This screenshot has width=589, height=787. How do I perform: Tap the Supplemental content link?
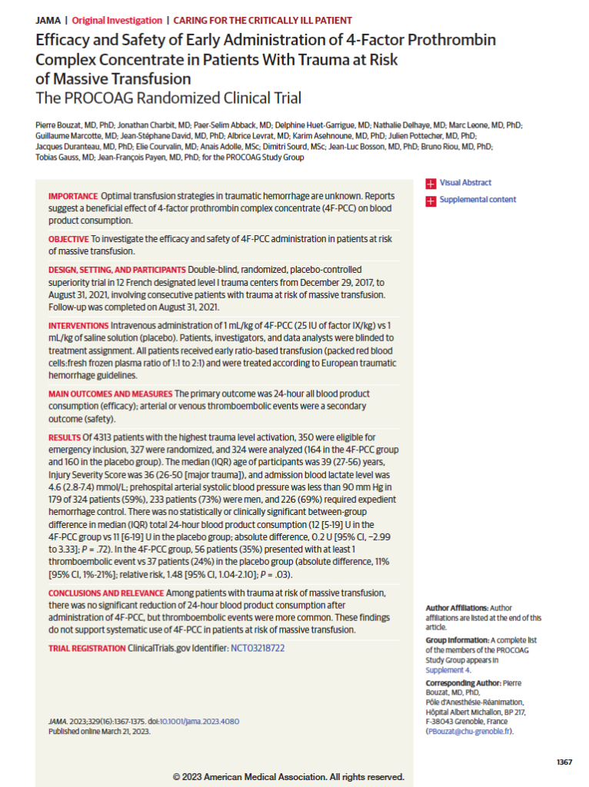coord(478,200)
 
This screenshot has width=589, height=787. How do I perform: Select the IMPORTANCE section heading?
coord(72,197)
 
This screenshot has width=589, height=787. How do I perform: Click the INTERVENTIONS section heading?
coord(78,327)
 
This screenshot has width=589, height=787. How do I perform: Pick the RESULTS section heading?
coord(64,436)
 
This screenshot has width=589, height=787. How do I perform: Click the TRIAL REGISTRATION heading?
coord(87,649)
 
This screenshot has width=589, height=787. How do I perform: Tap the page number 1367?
coord(564,762)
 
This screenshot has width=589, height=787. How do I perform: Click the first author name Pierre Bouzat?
coord(61,125)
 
